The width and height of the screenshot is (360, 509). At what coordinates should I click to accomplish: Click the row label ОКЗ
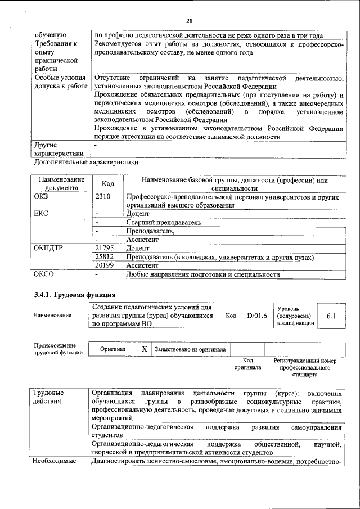point(43,196)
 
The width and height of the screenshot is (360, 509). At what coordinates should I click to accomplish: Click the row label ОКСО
point(44,274)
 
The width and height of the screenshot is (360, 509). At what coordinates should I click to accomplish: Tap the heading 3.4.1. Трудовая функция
point(75,294)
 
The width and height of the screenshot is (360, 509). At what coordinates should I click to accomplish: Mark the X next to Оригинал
point(144,349)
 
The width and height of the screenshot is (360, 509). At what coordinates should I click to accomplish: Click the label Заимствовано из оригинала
point(190,349)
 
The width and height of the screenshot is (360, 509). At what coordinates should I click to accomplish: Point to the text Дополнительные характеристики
point(86,162)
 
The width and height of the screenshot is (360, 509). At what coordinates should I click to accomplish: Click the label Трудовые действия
point(49,397)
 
